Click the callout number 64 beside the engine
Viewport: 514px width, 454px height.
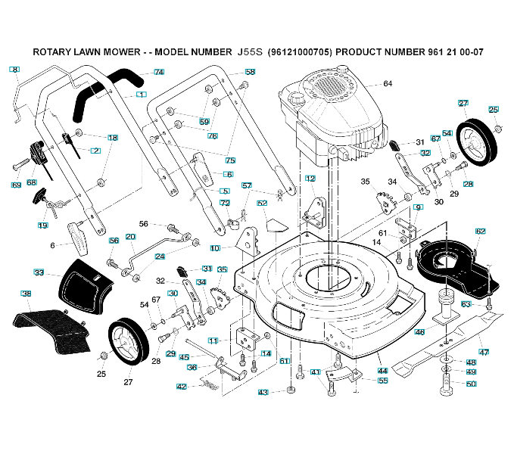[x=388, y=83]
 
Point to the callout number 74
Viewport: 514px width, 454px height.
[x=159, y=72]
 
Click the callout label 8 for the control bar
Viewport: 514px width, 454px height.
[x=14, y=70]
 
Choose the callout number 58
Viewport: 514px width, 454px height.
[x=250, y=72]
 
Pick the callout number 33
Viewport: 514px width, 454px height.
[x=39, y=272]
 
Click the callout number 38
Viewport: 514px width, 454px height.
[x=26, y=294]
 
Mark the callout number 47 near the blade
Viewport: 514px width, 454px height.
[x=484, y=352]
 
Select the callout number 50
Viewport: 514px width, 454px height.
[x=471, y=384]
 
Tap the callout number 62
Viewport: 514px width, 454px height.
[x=480, y=231]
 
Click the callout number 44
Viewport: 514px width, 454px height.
[x=383, y=371]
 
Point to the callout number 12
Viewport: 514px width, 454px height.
[x=310, y=178]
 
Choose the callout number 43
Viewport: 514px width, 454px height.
[x=263, y=392]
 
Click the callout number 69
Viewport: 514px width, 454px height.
[x=16, y=185]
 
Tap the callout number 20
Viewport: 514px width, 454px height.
[x=130, y=237]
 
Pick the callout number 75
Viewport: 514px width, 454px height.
[x=230, y=160]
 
